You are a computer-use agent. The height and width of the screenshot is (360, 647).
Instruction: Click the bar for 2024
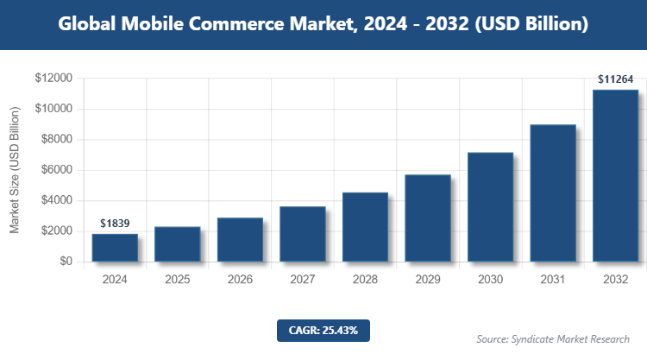pos(115,248)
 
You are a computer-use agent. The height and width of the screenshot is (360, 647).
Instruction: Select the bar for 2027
pos(302,234)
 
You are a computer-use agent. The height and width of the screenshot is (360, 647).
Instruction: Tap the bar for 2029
pos(427,218)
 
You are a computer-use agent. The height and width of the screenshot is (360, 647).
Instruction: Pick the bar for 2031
pos(552,193)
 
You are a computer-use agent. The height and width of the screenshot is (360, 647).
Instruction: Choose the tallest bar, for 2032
pos(615,176)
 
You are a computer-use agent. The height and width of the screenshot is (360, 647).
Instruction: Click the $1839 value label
pos(115,223)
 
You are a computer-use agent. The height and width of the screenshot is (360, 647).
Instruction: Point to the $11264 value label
pos(616,79)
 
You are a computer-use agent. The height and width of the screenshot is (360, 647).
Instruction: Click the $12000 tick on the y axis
pos(54,78)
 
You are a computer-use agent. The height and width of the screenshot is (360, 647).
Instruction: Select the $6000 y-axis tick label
pos(57,170)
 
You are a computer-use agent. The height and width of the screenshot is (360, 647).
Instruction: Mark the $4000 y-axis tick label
pos(57,200)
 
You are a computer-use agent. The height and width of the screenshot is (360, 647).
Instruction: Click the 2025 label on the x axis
pos(177,280)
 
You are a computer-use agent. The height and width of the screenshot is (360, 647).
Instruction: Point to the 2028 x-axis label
pos(365,280)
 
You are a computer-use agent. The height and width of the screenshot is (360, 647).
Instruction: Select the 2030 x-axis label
pos(490,280)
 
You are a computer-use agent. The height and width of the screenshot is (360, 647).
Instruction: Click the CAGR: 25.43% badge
pos(323,330)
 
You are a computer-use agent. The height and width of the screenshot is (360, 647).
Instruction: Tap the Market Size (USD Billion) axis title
pos(15,170)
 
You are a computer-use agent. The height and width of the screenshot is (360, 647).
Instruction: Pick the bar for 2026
pos(240,240)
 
